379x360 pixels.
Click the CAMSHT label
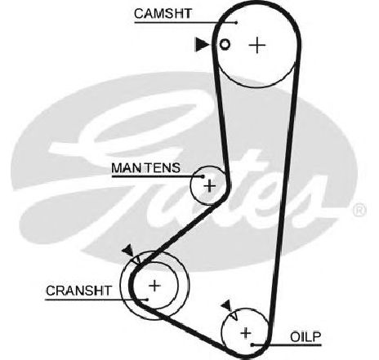point(163,13)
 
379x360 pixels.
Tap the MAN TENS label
point(145,168)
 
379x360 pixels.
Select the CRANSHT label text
point(78,291)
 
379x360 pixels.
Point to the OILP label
point(305,337)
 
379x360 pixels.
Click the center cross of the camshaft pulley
point(257,45)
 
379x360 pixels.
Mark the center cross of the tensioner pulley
point(210,186)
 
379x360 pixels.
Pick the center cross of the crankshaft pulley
point(154,286)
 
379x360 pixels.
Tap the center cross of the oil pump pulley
point(246,333)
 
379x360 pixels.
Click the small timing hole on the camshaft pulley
point(225,44)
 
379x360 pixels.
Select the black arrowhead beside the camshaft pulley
point(202,44)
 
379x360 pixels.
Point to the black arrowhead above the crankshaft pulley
point(127,250)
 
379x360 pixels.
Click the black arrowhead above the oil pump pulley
point(226,305)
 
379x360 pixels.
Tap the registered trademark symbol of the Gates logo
point(359,211)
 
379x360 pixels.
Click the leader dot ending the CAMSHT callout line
point(236,23)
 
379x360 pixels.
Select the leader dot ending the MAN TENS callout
point(203,176)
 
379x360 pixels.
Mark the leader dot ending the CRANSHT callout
point(147,300)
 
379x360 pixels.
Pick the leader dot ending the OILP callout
point(252,344)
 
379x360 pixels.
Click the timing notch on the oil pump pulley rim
point(234,317)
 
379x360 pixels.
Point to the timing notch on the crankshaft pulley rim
point(136,260)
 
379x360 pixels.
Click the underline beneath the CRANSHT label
point(96,300)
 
